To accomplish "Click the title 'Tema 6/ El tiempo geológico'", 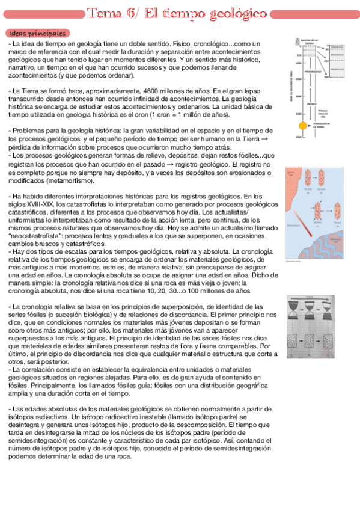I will (x=177, y=13).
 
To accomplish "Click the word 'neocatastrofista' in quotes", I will (x=35, y=236).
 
